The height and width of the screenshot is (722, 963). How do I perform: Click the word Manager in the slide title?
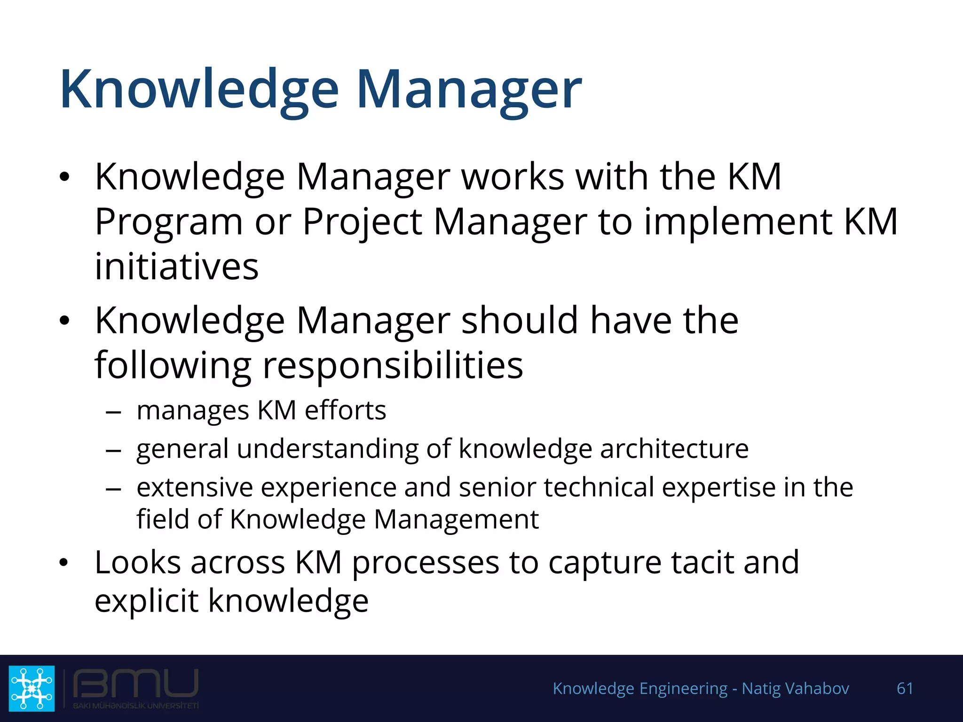(469, 89)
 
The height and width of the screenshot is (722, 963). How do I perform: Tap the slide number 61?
(905, 688)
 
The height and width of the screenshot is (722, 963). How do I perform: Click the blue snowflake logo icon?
(32, 688)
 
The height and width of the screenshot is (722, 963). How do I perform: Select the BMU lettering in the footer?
(136, 684)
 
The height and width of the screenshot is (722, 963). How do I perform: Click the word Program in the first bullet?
(168, 222)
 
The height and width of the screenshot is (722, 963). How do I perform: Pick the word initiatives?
(176, 267)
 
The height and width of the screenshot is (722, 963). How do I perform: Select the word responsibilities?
(393, 365)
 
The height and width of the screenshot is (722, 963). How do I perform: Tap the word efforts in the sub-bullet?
(346, 410)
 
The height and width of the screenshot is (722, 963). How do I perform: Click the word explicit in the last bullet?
(147, 601)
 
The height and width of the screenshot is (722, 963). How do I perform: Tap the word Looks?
(138, 562)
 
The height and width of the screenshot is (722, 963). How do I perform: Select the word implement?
(739, 222)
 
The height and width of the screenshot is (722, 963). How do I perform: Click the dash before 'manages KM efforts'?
(114, 412)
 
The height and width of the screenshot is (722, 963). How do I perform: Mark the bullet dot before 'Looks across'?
(64, 563)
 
